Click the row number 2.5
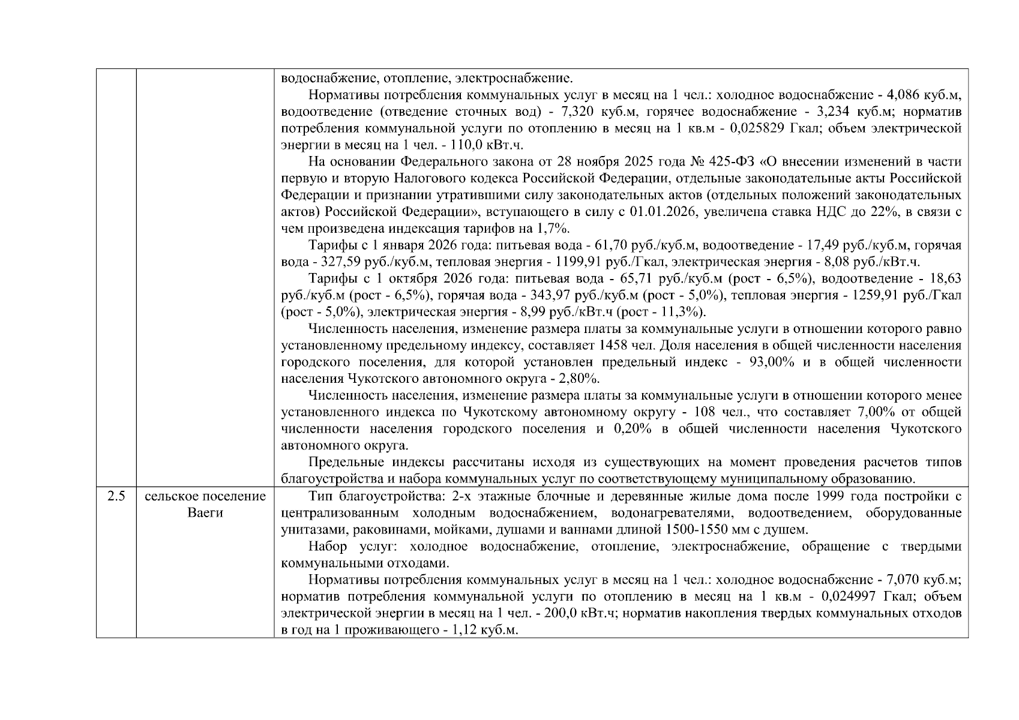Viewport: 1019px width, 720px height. coord(116,496)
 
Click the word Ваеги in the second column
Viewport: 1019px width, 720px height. coord(205,513)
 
